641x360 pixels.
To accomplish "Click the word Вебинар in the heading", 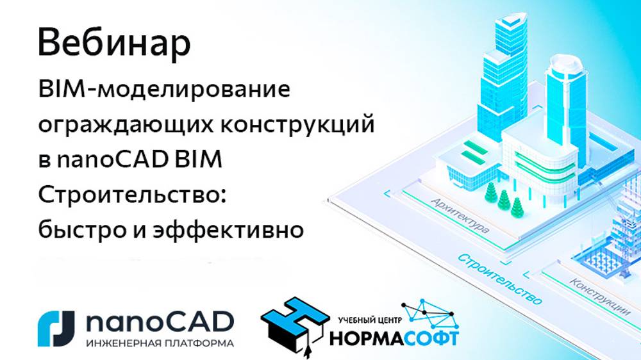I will click(113, 44).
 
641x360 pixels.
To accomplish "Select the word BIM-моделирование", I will click(163, 90).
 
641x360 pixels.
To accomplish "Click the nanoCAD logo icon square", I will click(56, 328).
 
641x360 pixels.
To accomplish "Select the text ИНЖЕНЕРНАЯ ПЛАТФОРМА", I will click(159, 343).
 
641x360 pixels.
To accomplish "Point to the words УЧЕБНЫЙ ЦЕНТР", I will click(369, 318).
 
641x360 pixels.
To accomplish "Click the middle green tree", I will click(504, 200).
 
